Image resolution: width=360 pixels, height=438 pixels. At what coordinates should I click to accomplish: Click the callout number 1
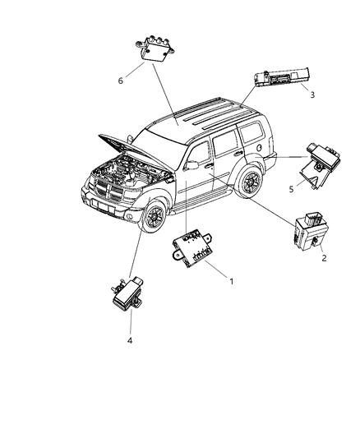click(232, 282)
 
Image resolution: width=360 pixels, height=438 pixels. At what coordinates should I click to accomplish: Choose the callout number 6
click(122, 81)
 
